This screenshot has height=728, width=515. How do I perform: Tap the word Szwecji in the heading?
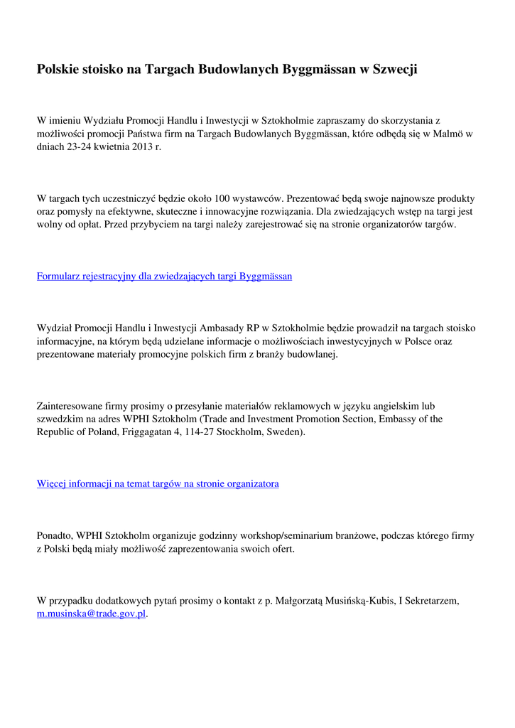point(394,69)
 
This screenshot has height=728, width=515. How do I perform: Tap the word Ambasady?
point(222,328)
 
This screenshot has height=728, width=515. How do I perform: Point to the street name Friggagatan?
point(161,432)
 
